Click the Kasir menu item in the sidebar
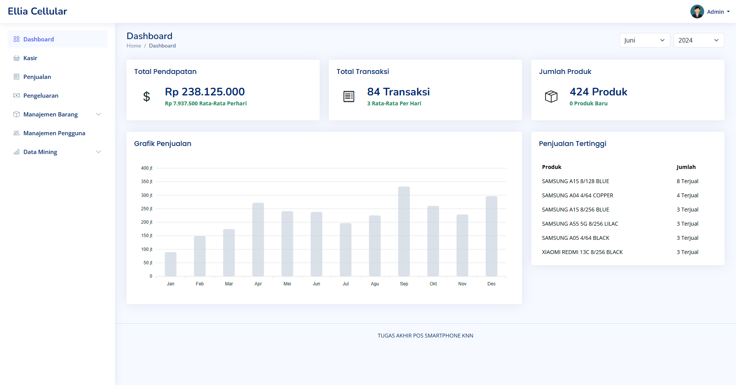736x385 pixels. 30,58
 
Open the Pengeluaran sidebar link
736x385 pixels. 41,96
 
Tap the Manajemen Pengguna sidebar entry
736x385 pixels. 54,133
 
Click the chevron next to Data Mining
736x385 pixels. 99,152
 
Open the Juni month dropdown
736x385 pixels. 645,40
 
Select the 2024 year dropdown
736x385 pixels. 699,40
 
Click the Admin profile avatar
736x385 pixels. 697,11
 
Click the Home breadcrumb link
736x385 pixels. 134,46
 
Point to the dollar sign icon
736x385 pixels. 146,97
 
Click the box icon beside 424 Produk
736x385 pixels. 551,97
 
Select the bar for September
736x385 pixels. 404,231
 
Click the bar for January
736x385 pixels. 171,264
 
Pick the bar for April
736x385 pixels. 258,239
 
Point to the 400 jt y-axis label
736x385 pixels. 146,168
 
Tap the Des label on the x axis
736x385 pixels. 491,284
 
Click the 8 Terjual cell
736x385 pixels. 687,181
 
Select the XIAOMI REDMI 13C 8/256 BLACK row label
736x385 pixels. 582,252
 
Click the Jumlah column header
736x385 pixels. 686,167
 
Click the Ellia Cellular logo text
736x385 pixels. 38,11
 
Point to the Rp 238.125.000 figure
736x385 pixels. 205,92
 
